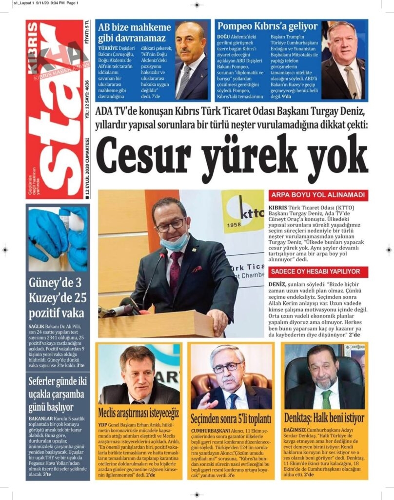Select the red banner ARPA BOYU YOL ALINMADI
318,195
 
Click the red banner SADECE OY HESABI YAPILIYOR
318,272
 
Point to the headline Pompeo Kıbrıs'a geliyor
266,26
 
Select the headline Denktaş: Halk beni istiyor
324,418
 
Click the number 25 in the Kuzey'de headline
79,297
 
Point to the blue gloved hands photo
58,238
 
